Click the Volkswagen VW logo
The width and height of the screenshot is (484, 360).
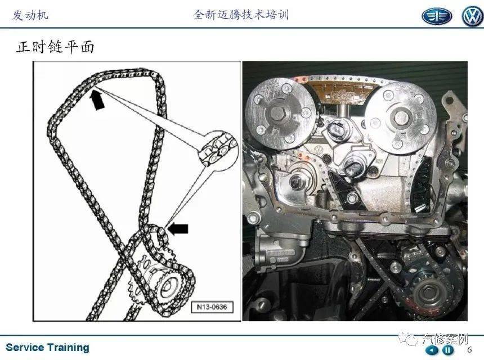pyautogui.click(x=473, y=16)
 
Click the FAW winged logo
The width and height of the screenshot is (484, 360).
pyautogui.click(x=437, y=16)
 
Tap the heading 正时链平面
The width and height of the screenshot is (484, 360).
pyautogui.click(x=55, y=47)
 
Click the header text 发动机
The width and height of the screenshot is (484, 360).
pyautogui.click(x=30, y=15)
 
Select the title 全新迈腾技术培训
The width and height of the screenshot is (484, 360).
pyautogui.click(x=241, y=15)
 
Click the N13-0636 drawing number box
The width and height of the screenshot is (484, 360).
pyautogui.click(x=212, y=307)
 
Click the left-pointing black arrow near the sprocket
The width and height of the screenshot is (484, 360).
pyautogui.click(x=178, y=228)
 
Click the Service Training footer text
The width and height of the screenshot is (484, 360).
pyautogui.click(x=47, y=348)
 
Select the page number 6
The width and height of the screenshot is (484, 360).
pyautogui.click(x=469, y=350)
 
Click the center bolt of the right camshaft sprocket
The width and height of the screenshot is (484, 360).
pyautogui.click(x=402, y=116)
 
